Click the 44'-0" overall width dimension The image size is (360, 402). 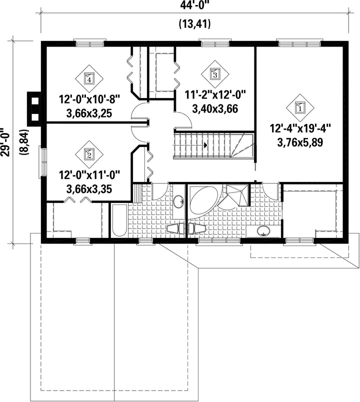[x=194, y=5]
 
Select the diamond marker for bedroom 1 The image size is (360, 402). [x=300, y=107]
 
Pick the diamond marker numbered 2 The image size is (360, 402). [x=89, y=154]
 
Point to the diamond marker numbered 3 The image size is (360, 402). [x=215, y=74]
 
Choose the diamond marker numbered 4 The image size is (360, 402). [x=89, y=78]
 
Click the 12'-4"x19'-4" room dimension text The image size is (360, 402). [x=300, y=128]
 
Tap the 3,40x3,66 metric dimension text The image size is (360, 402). [x=215, y=109]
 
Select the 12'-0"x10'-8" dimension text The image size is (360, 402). [x=89, y=99]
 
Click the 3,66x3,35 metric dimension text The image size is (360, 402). [x=89, y=189]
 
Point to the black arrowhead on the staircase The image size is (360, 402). [x=205, y=145]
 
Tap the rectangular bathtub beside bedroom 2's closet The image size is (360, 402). [x=119, y=220]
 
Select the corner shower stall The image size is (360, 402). [x=237, y=195]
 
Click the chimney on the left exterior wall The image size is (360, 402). [x=33, y=109]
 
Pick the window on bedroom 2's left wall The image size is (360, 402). [x=43, y=162]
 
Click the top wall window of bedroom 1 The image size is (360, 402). [x=299, y=43]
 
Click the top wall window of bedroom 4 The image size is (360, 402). [x=89, y=43]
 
